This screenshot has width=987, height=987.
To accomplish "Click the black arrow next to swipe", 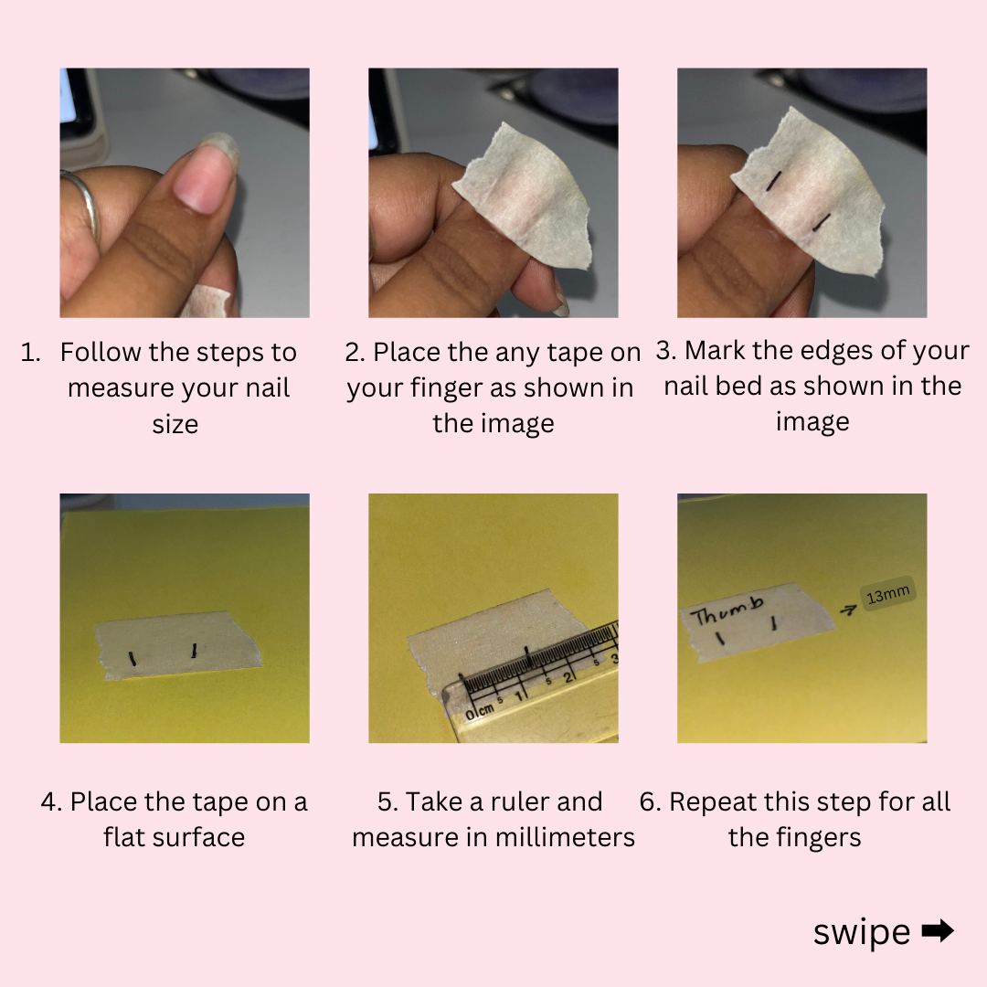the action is click(938, 930).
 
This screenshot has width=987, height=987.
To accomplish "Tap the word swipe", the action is click(861, 932).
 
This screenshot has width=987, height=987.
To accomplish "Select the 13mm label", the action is click(887, 594).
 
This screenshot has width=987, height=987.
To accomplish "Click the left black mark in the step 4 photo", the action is click(133, 659).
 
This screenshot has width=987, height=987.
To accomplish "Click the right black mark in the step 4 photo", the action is click(195, 651).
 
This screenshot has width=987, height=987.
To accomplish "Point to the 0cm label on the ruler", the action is click(480, 712).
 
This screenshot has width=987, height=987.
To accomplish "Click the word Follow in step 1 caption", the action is click(101, 353).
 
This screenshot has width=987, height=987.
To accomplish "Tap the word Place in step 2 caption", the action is click(407, 353).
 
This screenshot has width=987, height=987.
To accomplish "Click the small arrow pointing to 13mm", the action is click(848, 610).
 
